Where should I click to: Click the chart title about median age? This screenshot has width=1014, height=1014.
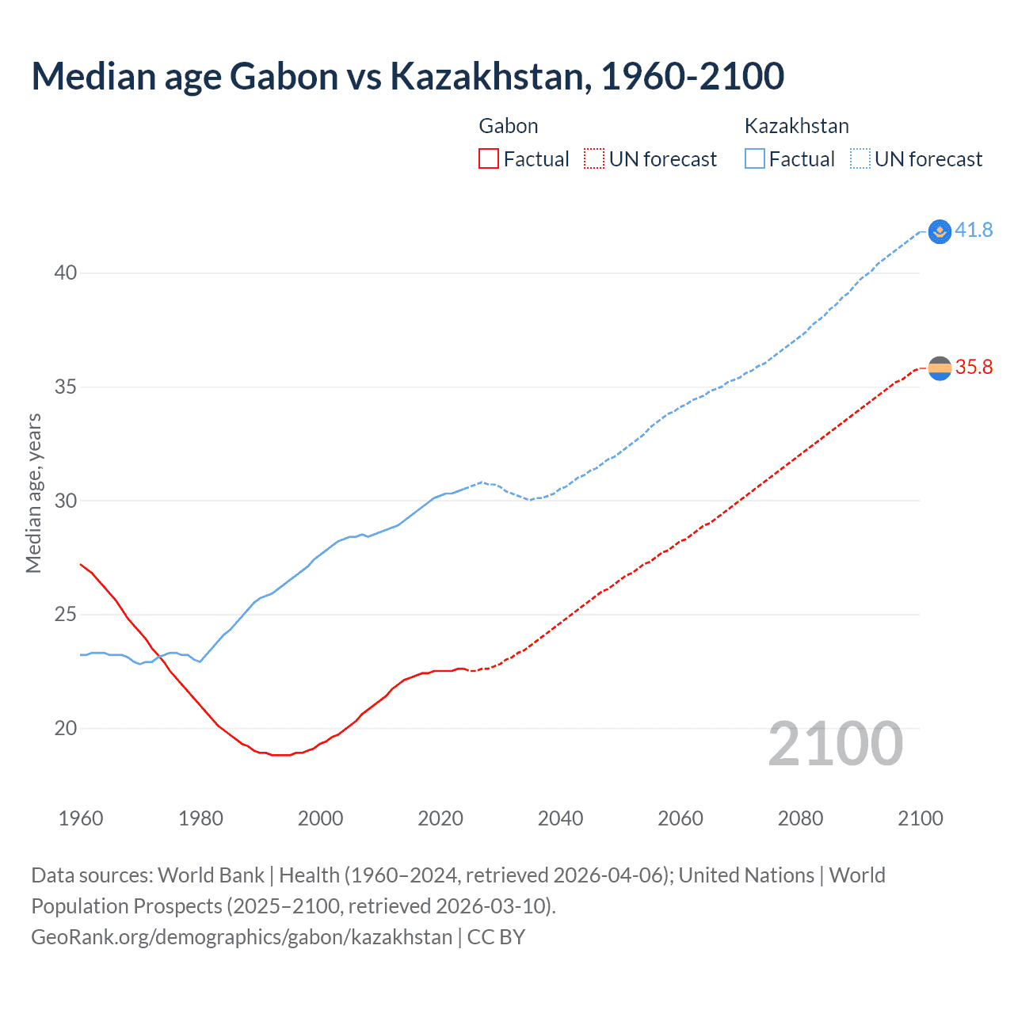point(407,76)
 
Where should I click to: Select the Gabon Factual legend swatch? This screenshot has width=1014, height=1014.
point(489,159)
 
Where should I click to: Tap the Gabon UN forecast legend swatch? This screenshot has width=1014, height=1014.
point(594,159)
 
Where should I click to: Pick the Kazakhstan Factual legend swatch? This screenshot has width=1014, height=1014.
point(755,159)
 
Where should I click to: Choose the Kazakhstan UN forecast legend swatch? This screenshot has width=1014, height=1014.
point(860,159)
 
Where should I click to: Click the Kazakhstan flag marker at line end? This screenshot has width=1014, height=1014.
point(940,231)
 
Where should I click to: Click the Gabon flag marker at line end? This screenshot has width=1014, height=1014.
point(940,368)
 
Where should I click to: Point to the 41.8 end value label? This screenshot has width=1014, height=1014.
point(974,231)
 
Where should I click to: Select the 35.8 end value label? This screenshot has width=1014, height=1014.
point(974,367)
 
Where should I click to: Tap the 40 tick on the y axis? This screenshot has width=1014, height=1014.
point(66,273)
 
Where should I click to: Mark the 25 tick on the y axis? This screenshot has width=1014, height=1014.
point(66,615)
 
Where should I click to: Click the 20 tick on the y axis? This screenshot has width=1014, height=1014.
point(66,728)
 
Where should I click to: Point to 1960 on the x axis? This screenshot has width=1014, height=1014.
point(81,818)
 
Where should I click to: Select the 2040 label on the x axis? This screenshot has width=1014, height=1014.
point(560,818)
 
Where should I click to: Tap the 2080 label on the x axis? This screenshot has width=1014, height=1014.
point(800,818)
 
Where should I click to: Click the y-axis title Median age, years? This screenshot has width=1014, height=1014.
point(33,493)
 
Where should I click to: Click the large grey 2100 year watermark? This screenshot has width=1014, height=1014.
point(835,744)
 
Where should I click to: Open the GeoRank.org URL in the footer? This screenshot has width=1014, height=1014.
point(242,937)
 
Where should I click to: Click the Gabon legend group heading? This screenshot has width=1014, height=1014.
point(509,126)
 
